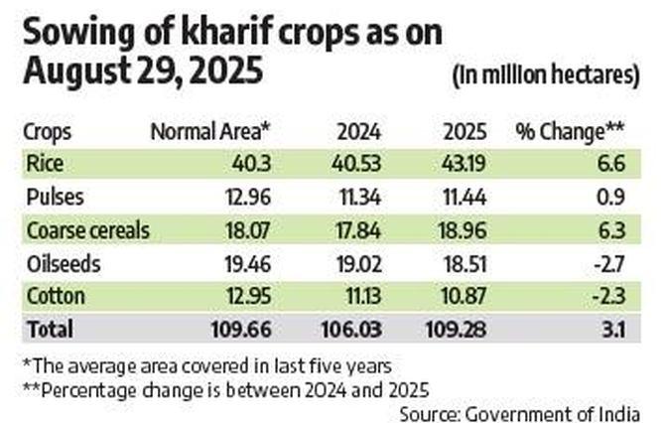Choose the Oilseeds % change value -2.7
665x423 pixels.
(x=609, y=263)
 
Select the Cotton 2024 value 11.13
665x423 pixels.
(x=355, y=296)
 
